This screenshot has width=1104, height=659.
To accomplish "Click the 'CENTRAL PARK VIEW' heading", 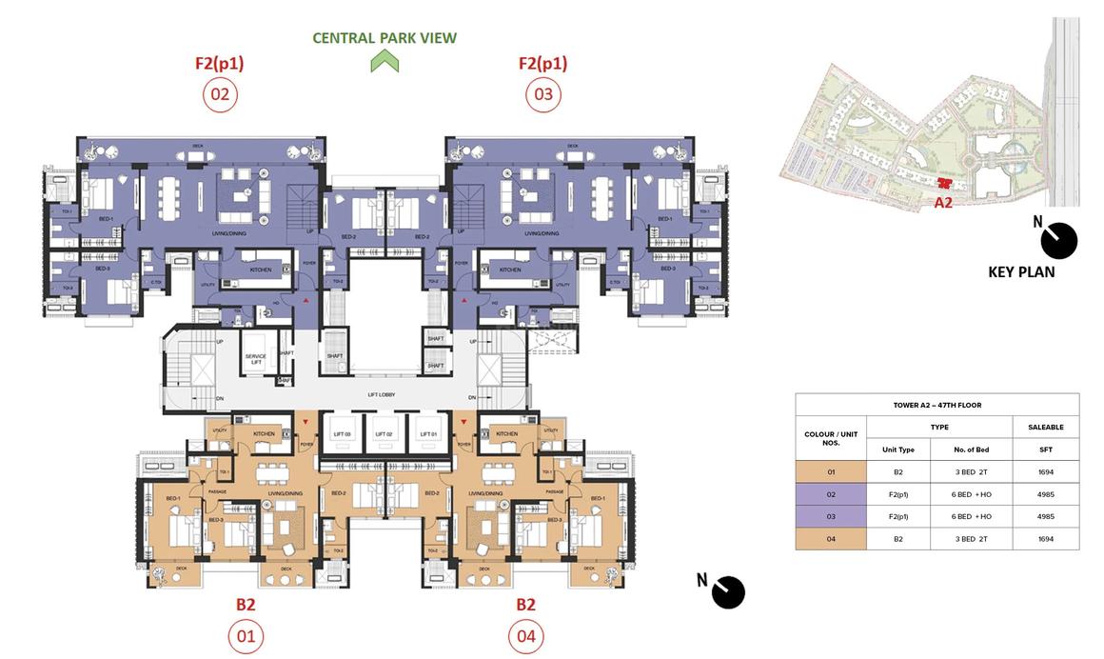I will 384,38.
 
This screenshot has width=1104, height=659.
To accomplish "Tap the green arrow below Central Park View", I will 384,62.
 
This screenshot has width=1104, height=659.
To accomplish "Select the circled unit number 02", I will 220,94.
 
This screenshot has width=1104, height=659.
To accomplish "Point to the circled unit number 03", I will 542,94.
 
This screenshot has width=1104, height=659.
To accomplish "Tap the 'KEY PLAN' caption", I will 1020,271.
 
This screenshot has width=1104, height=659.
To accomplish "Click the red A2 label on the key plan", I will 943,202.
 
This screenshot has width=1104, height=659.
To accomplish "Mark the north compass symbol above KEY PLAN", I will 1057,240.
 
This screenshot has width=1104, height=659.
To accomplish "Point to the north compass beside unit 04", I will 728,591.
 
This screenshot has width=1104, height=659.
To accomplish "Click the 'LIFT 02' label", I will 384,433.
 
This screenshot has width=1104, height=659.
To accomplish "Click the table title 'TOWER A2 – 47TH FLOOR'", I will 936,405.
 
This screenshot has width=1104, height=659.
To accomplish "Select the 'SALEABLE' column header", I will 1045,428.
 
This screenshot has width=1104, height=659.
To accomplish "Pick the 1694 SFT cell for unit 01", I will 1045,471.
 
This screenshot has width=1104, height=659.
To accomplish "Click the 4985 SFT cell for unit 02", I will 1045,494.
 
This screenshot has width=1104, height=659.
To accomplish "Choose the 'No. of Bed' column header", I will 973,449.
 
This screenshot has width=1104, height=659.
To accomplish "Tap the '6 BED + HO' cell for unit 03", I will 973,516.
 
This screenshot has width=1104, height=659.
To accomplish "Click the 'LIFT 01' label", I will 426,433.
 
